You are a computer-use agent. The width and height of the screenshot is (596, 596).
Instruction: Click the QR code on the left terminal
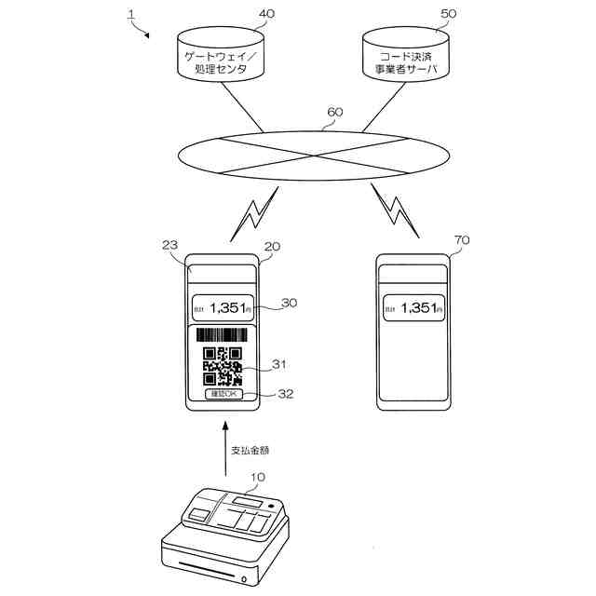223,366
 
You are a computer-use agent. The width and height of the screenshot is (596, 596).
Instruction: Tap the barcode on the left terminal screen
222,335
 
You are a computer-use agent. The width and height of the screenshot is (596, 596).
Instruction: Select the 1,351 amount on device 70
411,307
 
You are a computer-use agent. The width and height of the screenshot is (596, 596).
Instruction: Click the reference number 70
461,240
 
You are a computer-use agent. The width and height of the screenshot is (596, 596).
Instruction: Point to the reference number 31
280,364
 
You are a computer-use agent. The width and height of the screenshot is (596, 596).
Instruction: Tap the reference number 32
285,394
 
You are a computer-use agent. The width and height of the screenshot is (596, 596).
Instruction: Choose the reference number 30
289,303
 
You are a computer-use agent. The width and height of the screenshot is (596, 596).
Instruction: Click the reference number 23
169,246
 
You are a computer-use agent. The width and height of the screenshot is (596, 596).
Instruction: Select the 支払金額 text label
251,450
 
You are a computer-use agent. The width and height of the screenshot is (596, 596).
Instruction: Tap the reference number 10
257,478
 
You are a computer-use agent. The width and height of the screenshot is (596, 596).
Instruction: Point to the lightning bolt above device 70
395,210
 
